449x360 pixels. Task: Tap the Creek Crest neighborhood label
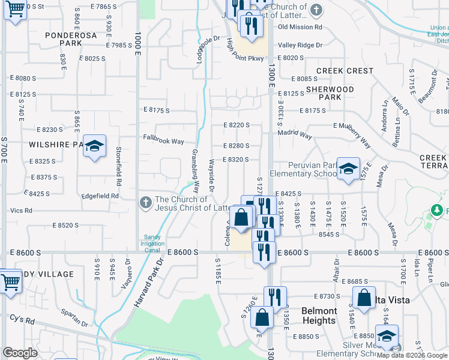click(345, 71)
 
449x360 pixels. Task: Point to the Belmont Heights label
click(319, 316)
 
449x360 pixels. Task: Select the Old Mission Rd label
click(300, 27)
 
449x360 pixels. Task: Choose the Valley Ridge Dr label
click(300, 45)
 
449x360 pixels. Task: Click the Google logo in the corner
click(20, 353)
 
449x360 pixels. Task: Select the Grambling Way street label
click(195, 166)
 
